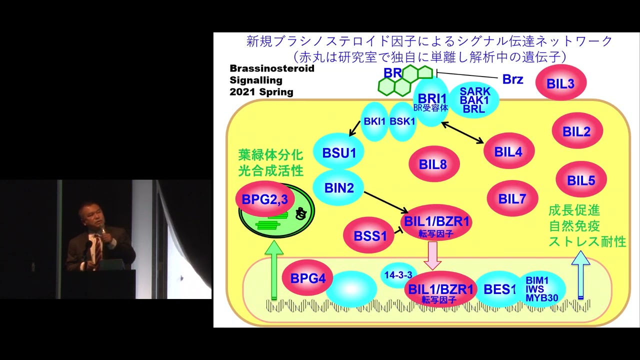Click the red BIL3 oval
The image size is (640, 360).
coord(561,83)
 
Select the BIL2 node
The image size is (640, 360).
coord(577,131)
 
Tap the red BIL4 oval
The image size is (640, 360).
coord(509,151)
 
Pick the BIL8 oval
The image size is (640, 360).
coord(433,163)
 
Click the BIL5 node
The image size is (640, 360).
coord(581,179)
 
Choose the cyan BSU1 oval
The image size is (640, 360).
coord(339,152)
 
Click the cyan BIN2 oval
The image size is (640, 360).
coord(339,187)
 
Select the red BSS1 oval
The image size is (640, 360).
coord(369,235)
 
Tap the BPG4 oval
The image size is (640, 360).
coord(307,277)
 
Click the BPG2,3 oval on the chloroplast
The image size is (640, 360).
coord(264,199)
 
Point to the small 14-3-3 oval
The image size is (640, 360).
coord(398,275)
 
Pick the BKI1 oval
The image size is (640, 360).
coord(374,121)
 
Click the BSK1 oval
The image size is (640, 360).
coord(402,121)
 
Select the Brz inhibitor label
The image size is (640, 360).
coord(512,79)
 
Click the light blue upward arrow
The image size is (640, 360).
coord(580,275)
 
